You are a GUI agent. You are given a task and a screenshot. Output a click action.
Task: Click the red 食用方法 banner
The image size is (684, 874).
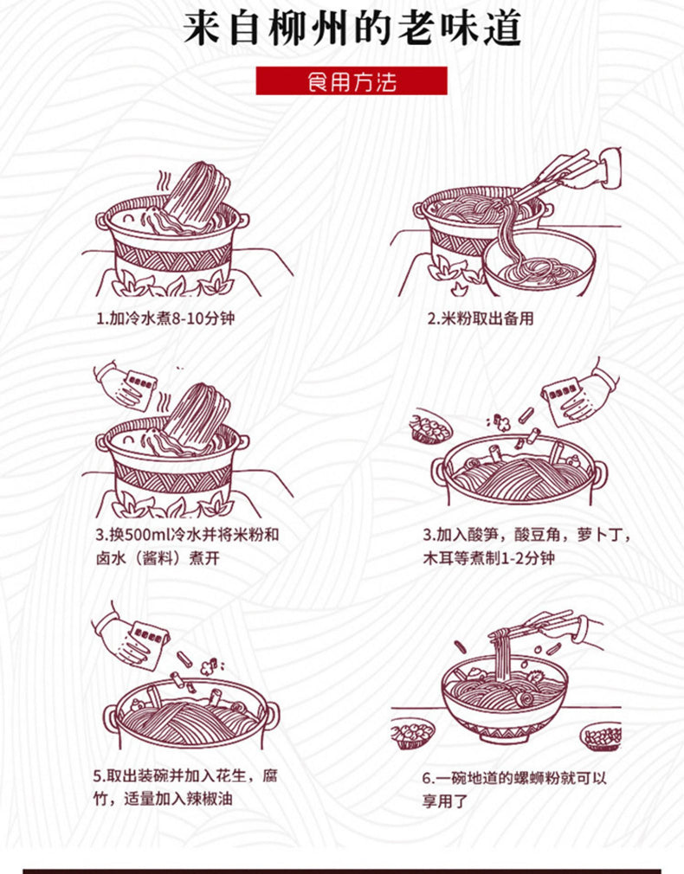pos(352,80)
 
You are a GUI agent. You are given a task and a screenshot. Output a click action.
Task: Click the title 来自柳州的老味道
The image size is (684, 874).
pos(352,28)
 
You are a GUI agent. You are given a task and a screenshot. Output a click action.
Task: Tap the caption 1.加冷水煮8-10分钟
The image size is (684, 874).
pos(165,318)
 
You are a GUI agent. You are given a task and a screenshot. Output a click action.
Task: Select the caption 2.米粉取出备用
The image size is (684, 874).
pos(481,318)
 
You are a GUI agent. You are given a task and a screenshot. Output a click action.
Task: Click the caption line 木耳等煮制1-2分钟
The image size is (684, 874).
pos(488,557)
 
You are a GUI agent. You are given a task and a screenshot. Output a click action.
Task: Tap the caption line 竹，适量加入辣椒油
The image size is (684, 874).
pos(163,798)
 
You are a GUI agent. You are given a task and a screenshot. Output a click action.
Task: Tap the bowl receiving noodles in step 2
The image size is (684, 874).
pos(539,262)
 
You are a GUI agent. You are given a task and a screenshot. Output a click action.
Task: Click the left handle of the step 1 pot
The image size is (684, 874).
pos(104,221)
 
